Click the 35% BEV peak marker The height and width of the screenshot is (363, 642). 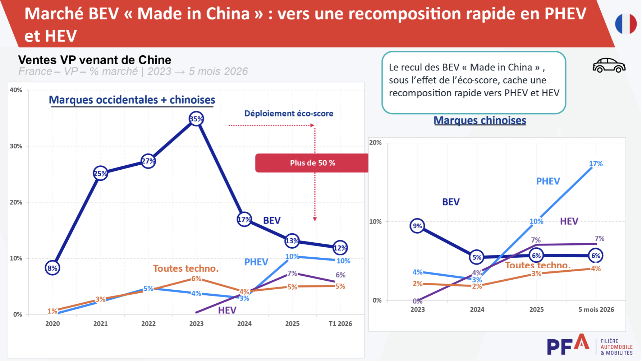coord(196,119)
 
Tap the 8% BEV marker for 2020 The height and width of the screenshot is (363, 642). coord(52,268)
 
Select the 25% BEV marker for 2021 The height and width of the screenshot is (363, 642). coord(100,174)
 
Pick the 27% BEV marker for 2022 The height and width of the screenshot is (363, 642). coord(148,161)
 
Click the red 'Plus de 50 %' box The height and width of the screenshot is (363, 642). coord(312,163)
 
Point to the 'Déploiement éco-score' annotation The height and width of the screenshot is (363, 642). coord(289,114)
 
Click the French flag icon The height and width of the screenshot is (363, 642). coord(626,24)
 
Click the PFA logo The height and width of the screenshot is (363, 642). coord(590,345)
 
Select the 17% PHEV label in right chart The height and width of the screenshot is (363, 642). coord(596,164)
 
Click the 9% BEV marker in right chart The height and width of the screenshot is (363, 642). coord(417,226)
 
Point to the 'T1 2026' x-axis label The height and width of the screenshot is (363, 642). coord(340,323)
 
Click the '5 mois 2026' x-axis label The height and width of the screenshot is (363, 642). coord(596,309)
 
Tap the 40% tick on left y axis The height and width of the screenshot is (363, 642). coord(16,90)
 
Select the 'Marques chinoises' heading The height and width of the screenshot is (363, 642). coord(480,120)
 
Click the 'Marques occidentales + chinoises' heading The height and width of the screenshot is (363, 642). coord(132,100)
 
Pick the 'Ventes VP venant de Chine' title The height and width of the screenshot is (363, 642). coord(95,60)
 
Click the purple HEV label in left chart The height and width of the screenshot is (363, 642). coord(227,310)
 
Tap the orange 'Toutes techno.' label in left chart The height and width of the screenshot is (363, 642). coord(186,268)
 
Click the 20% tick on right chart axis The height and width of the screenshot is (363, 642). coord(375,142)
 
